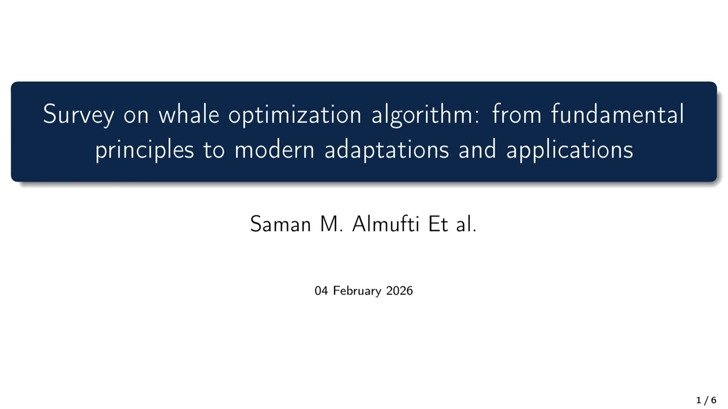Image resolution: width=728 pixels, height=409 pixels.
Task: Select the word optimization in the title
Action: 295,115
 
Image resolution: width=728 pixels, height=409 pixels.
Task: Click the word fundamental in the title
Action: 617,115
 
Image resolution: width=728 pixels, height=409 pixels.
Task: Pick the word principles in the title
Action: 144,150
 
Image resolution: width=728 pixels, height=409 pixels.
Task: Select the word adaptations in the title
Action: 387,150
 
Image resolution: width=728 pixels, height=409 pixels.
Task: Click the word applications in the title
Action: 569,150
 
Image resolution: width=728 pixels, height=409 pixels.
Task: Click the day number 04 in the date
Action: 321,291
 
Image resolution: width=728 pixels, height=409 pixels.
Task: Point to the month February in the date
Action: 357,291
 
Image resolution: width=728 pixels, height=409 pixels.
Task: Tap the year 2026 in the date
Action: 399,291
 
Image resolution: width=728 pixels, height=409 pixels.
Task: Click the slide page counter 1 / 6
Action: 706,400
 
